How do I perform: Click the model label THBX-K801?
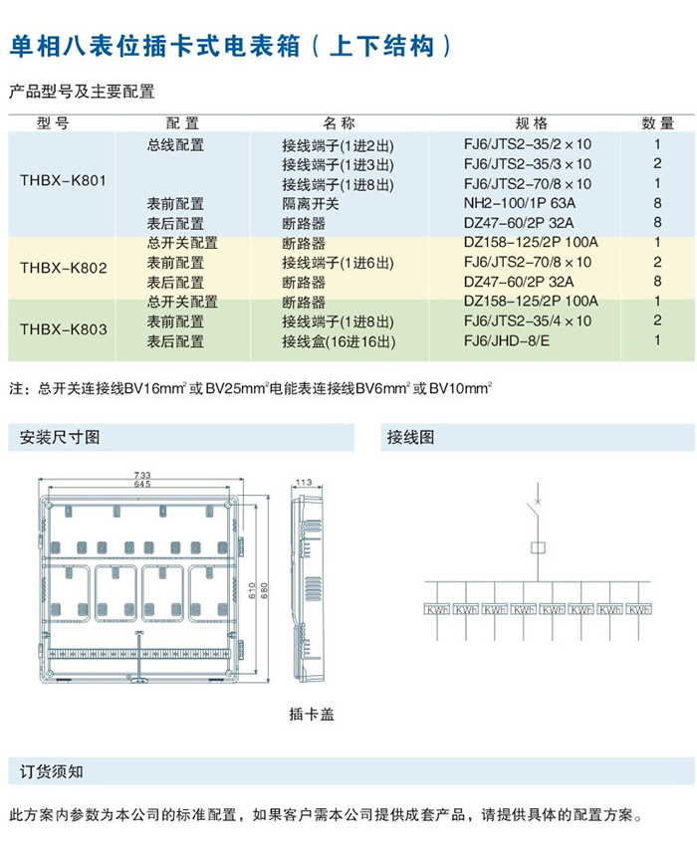63,182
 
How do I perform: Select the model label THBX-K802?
63,268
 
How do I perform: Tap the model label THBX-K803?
63,327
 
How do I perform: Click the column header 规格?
531,123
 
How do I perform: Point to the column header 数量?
657,123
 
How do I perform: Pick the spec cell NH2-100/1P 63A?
520,203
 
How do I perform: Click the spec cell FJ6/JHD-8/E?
508,341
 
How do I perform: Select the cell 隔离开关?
311,203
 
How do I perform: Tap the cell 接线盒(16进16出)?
339,341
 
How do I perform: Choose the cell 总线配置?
175,144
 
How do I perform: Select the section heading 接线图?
411,437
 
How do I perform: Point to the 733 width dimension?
141,475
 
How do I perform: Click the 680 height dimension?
264,589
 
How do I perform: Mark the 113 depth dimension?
304,484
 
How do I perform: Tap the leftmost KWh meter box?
437,609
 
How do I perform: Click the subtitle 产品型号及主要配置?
82,92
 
